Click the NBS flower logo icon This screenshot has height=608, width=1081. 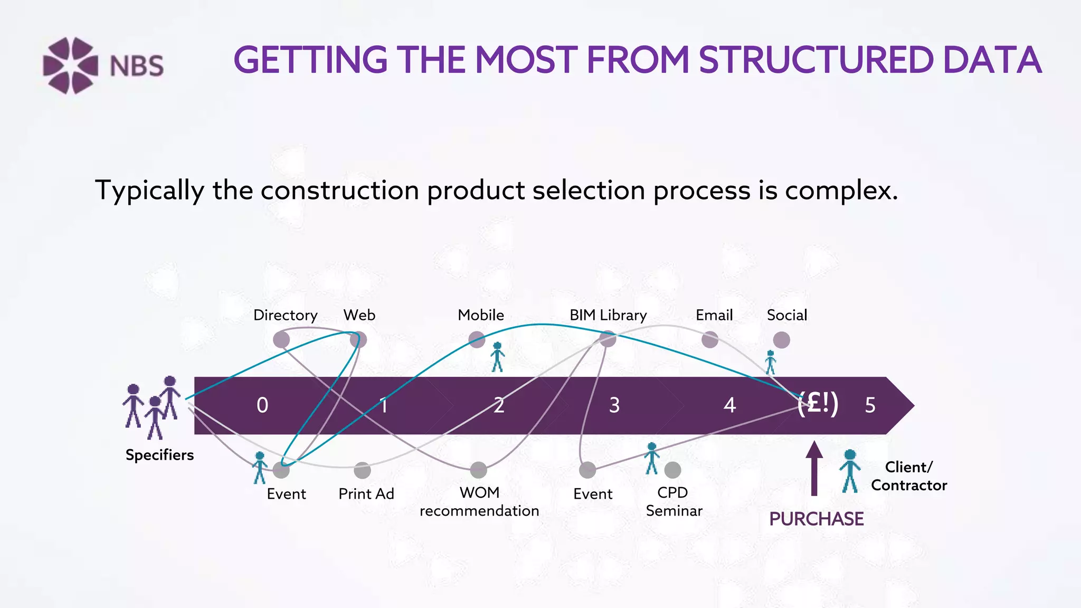click(x=70, y=65)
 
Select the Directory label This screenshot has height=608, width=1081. click(x=285, y=315)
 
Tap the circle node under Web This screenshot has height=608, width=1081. click(x=358, y=339)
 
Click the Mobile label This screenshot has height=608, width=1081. click(x=480, y=315)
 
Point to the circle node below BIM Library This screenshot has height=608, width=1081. click(x=608, y=339)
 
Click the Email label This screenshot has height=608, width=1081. click(x=714, y=315)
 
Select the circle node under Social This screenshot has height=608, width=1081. click(x=781, y=340)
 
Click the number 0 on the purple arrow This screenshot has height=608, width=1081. click(x=262, y=405)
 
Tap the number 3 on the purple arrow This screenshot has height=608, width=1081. click(x=614, y=405)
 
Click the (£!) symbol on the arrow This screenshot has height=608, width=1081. click(x=818, y=404)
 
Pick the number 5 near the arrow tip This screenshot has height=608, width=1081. click(x=870, y=405)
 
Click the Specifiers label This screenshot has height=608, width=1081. click(x=159, y=455)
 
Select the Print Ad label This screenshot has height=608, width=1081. click(x=366, y=494)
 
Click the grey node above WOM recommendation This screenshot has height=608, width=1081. click(x=478, y=470)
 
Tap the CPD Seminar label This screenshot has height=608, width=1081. click(x=674, y=501)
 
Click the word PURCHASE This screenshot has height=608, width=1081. click(x=816, y=519)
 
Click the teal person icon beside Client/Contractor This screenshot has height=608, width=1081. click(x=850, y=471)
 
